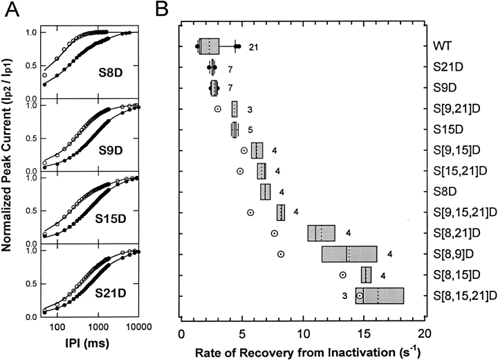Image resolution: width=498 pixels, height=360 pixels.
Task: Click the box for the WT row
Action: point(208,46)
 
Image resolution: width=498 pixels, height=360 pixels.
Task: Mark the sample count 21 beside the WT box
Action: point(254,47)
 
